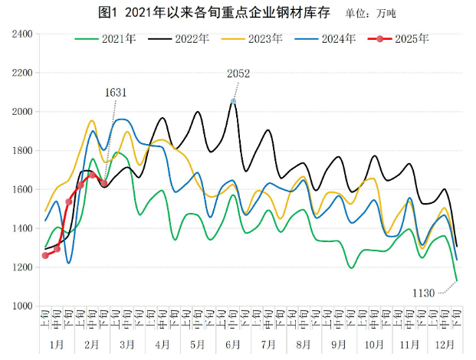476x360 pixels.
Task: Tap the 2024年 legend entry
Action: click(327, 38)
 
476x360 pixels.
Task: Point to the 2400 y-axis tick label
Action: click(21, 34)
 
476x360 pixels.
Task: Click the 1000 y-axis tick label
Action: click(21, 306)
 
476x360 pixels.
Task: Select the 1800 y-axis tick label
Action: click(21, 151)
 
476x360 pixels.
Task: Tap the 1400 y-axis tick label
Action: click(21, 229)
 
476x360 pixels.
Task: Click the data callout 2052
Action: click(238, 74)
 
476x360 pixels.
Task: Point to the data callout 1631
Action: click(115, 92)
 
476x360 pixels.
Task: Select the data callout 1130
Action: click(424, 293)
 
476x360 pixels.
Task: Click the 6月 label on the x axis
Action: click(233, 345)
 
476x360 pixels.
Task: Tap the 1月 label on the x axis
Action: click(57, 345)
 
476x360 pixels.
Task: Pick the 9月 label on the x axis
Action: click(340, 345)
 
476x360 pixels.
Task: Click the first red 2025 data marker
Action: click(45, 255)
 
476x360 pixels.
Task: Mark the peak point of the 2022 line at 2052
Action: click(233, 101)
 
